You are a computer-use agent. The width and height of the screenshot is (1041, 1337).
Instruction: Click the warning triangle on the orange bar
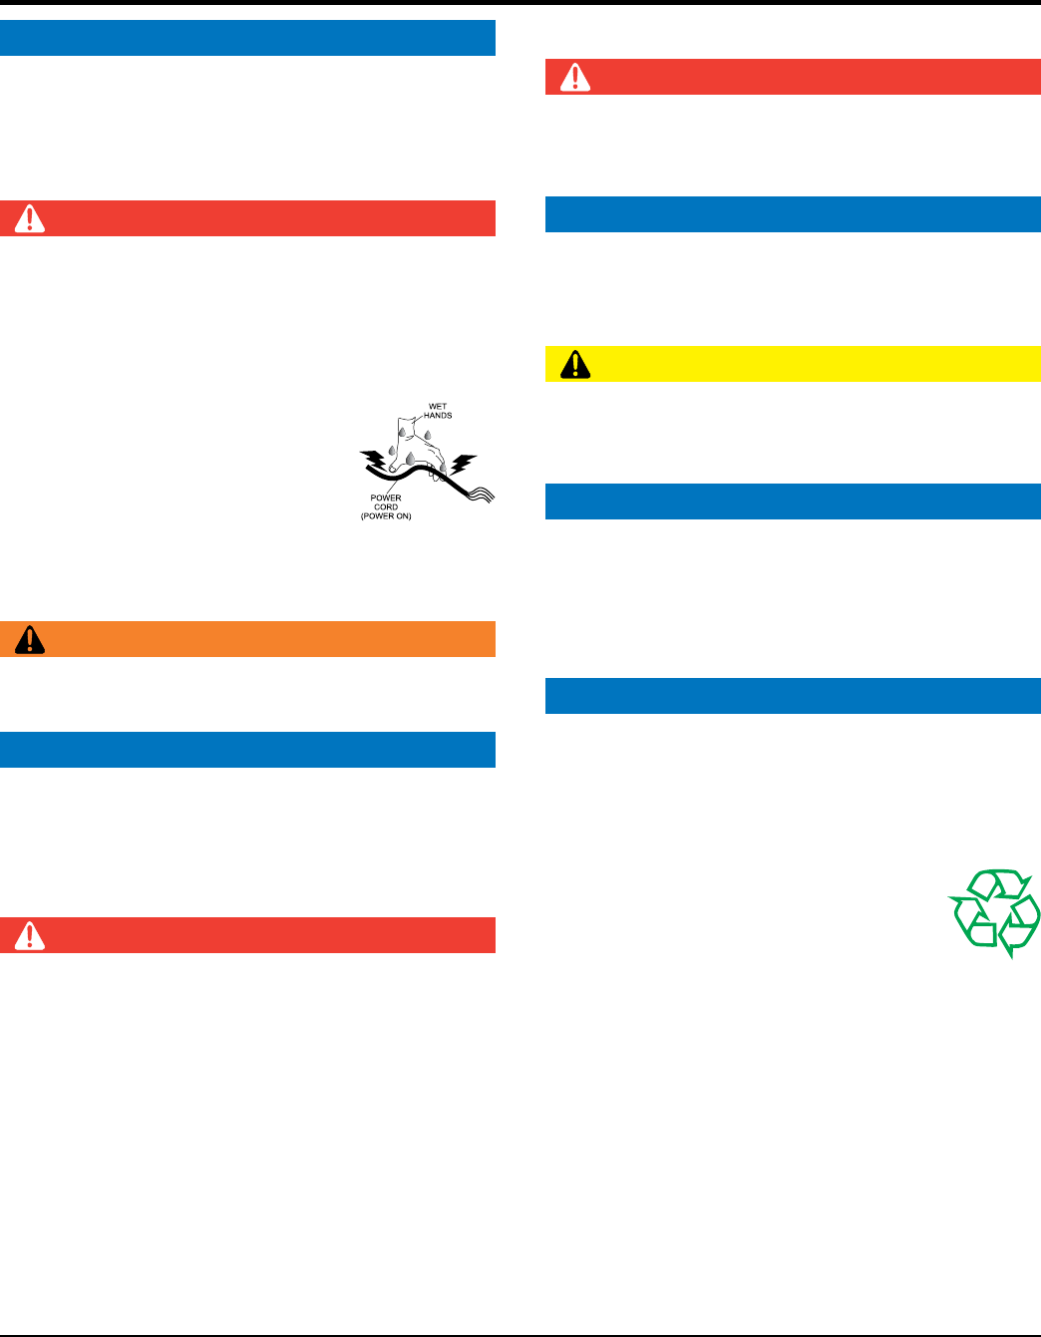[x=30, y=639]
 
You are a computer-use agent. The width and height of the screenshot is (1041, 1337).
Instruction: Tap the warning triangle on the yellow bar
[x=575, y=365]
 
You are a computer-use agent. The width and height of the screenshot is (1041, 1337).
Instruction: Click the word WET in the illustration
[x=437, y=407]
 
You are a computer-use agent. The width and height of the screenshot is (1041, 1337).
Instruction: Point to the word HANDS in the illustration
[x=438, y=416]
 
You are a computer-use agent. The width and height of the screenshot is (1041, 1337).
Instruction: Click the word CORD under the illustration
[x=386, y=507]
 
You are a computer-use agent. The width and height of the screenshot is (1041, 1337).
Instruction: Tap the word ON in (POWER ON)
[x=401, y=516]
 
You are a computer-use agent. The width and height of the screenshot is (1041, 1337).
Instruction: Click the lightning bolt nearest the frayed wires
[x=464, y=464]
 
